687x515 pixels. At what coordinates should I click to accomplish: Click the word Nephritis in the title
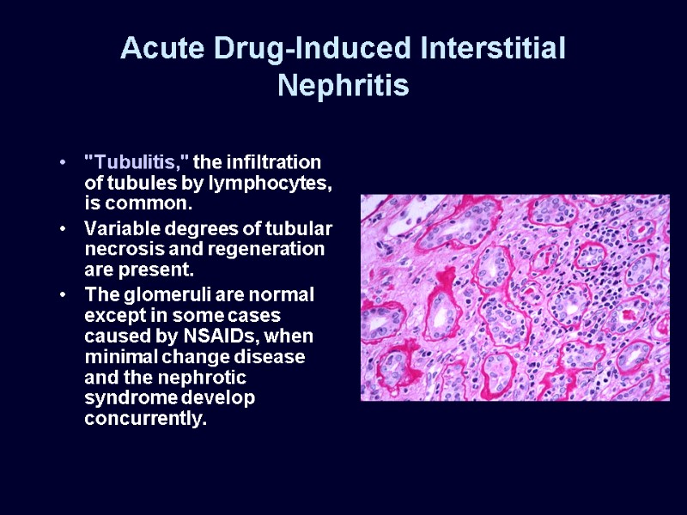point(343,86)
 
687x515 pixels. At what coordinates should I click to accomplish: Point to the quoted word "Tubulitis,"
point(137,162)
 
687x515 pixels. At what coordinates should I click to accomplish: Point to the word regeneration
point(277,250)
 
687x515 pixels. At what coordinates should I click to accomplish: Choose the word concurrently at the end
point(146,420)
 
